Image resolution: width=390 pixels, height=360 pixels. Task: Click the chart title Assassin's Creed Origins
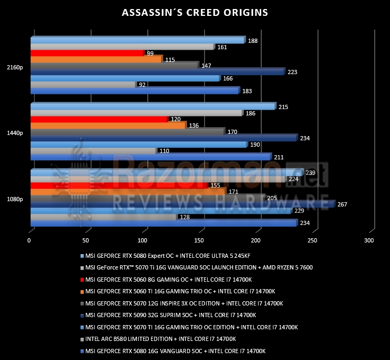click(195, 12)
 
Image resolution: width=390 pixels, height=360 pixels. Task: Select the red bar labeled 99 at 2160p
click(88, 53)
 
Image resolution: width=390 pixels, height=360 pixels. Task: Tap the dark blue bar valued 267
click(183, 204)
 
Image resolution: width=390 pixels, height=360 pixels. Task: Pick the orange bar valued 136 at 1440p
click(109, 125)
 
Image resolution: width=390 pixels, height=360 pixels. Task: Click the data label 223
click(292, 72)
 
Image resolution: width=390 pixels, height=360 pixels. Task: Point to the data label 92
click(142, 85)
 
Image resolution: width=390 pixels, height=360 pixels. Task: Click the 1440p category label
click(15, 133)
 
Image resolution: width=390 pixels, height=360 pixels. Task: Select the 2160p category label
click(15, 67)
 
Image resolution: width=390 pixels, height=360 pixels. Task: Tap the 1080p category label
click(15, 199)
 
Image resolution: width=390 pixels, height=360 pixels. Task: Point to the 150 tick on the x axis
click(199, 240)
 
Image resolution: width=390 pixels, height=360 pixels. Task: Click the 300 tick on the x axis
click(369, 240)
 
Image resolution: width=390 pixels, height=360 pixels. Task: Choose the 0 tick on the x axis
click(29, 240)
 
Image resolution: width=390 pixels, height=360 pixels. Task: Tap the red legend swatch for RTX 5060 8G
click(82, 280)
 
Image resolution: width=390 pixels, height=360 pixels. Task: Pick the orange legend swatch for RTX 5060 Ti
click(82, 292)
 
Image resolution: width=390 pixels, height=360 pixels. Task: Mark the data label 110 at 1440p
click(164, 151)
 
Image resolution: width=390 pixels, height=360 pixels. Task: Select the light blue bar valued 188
click(138, 40)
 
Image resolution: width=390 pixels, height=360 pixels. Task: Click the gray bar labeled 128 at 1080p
click(104, 217)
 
